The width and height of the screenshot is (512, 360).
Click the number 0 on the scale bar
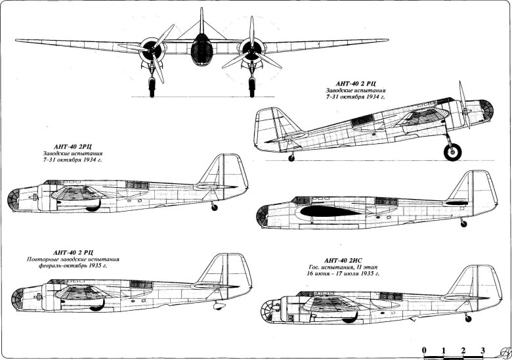coord(425,348)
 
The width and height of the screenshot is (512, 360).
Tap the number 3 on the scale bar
coord(483,348)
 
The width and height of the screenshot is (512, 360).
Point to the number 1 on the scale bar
coord(444,348)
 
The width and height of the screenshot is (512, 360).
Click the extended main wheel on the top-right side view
coord(452,152)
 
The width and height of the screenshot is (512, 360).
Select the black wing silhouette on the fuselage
coord(324,211)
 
